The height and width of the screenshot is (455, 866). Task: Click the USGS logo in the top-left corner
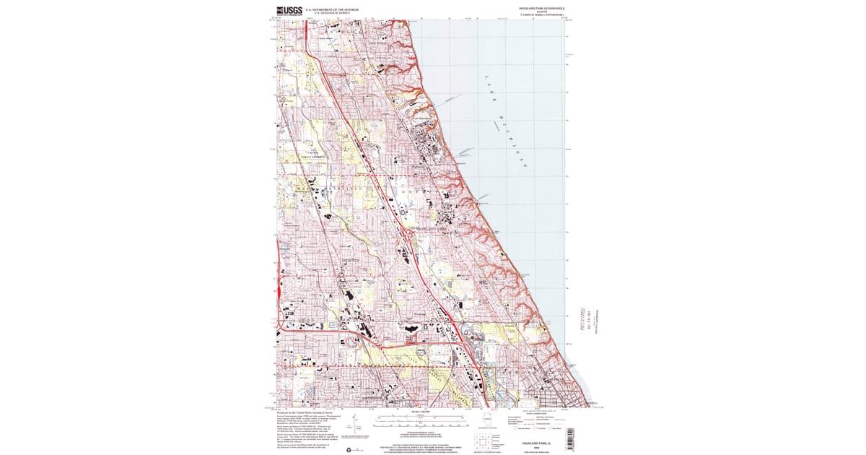pos(289,10)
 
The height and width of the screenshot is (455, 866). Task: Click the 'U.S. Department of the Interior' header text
pos(332,9)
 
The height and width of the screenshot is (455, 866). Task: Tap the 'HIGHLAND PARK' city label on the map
pos(432,228)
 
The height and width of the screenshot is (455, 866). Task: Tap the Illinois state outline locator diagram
pos(490,420)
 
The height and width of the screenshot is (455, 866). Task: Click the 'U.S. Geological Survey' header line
pos(332,13)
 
